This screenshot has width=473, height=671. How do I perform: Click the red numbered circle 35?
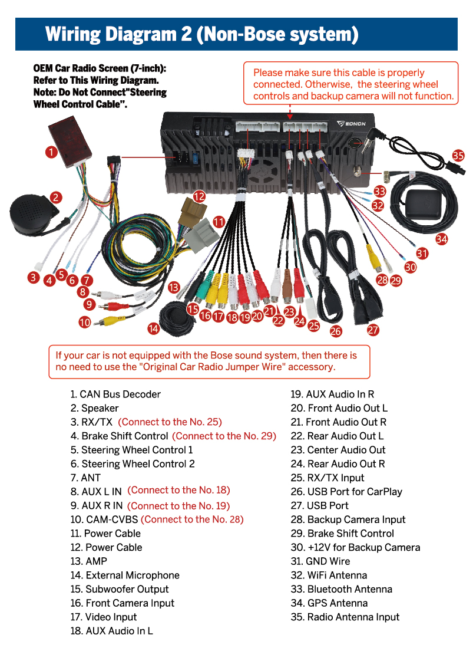click(x=458, y=155)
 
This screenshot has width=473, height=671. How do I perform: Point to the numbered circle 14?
click(x=154, y=328)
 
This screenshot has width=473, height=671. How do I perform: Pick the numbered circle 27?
click(x=373, y=330)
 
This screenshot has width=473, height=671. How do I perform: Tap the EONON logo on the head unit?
click(x=353, y=124)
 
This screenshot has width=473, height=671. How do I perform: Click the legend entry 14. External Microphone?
click(x=125, y=575)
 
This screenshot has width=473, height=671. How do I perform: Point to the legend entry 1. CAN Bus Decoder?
click(x=115, y=394)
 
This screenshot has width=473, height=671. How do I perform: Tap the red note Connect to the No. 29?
click(x=224, y=436)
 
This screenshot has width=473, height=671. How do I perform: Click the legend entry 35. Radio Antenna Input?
click(x=345, y=617)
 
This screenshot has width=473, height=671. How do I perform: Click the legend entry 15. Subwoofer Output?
click(x=120, y=589)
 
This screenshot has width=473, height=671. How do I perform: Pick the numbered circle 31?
click(x=422, y=254)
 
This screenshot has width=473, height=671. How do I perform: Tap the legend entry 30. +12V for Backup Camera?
click(x=356, y=547)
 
